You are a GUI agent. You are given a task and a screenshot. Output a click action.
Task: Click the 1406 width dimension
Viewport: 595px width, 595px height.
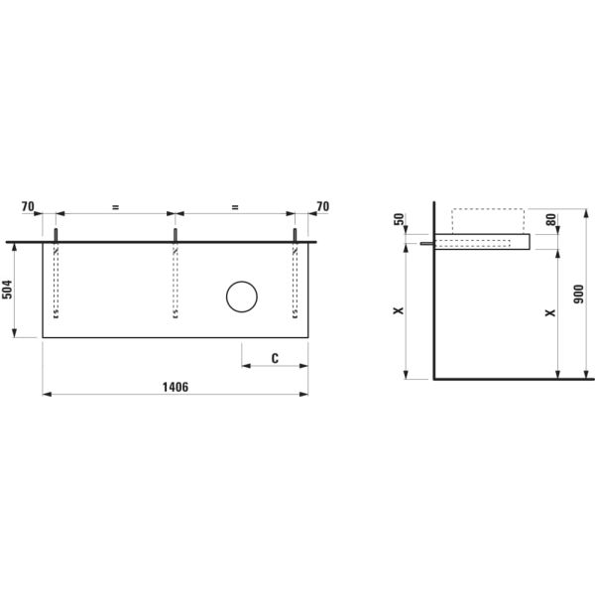(175, 387)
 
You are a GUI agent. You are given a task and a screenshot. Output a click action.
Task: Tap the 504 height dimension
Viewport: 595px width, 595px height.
(9, 290)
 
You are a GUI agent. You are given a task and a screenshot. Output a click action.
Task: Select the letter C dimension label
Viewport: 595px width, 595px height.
(274, 357)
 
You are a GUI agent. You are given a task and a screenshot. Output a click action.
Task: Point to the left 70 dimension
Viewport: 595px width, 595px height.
(28, 207)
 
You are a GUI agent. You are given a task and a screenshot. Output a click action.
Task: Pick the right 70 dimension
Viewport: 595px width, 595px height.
(321, 207)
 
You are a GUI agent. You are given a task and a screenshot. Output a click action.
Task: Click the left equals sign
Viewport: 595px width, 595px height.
(115, 207)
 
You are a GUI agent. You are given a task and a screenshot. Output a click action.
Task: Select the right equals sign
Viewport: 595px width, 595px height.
(235, 207)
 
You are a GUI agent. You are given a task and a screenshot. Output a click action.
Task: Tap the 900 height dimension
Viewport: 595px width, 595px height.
(578, 297)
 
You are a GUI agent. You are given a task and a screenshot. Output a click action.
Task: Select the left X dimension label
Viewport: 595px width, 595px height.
(400, 311)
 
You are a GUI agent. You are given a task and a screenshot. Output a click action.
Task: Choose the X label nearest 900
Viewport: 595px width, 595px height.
(551, 313)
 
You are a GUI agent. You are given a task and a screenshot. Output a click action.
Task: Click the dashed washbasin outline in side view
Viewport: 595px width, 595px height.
(487, 220)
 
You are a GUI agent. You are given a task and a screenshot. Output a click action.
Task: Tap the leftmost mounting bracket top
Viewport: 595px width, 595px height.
(57, 232)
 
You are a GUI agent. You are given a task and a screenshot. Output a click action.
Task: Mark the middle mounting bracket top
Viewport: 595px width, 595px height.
(176, 232)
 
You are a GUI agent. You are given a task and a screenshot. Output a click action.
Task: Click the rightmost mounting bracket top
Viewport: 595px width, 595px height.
(296, 232)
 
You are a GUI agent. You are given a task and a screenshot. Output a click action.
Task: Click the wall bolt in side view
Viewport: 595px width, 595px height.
(425, 243)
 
